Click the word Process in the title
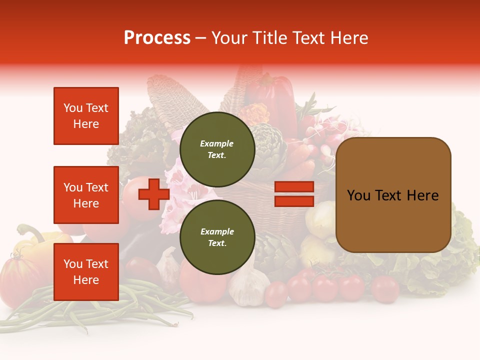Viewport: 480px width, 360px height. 157,38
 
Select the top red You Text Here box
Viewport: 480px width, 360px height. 86,116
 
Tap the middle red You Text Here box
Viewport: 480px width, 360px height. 86,195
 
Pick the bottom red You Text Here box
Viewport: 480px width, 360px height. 86,272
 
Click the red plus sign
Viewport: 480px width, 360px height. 153,194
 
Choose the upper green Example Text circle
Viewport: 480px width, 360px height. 217,149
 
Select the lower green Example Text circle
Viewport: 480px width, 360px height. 217,237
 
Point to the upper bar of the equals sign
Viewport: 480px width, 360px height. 294,187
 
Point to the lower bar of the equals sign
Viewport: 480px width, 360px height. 294,201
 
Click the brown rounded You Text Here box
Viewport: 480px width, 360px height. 393,195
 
